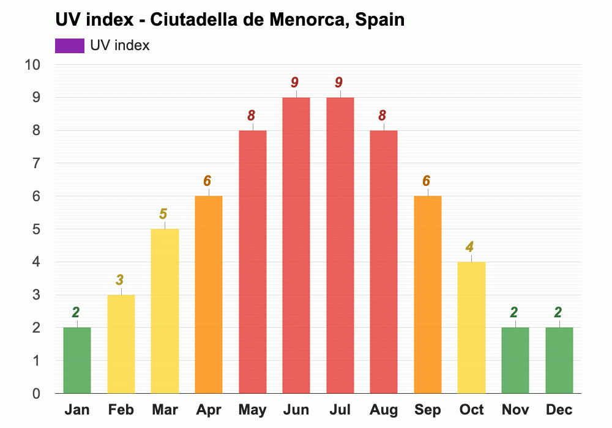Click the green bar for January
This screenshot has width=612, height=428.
tap(77, 360)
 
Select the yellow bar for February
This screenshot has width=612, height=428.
tap(121, 344)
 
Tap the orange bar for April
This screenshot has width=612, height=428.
tap(209, 295)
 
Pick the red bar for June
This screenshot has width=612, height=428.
tap(296, 245)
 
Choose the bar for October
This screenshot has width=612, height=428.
tap(471, 327)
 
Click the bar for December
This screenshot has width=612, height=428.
tap(559, 360)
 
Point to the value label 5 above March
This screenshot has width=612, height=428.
tap(163, 214)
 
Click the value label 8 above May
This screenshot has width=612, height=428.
tap(252, 116)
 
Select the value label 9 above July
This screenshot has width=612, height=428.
tap(339, 83)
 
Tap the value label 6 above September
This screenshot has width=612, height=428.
tap(427, 181)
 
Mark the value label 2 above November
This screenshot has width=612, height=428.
tap(514, 312)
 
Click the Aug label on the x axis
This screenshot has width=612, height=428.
tap(383, 410)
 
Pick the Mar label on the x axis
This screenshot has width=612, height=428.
tap(165, 410)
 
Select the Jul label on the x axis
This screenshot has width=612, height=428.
tap(340, 410)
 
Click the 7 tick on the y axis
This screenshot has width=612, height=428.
tap(36, 163)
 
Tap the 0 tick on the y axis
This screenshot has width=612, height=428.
tap(36, 393)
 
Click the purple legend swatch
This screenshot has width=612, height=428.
tap(69, 46)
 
